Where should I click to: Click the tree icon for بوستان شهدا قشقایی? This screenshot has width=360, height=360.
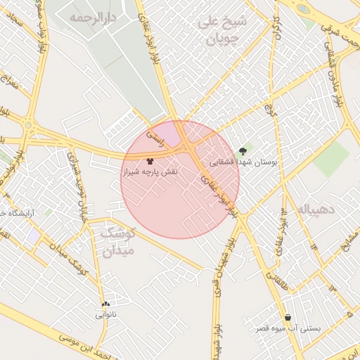pos(243,150)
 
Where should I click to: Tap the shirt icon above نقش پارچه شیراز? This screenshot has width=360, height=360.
pos(150,160)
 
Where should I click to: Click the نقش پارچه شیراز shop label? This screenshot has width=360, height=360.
pos(150,172)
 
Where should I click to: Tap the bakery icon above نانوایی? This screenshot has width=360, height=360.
pos(105,304)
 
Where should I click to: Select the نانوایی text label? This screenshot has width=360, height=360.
pos(106,315)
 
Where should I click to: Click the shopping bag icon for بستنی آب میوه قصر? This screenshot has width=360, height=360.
pos(288,317)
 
